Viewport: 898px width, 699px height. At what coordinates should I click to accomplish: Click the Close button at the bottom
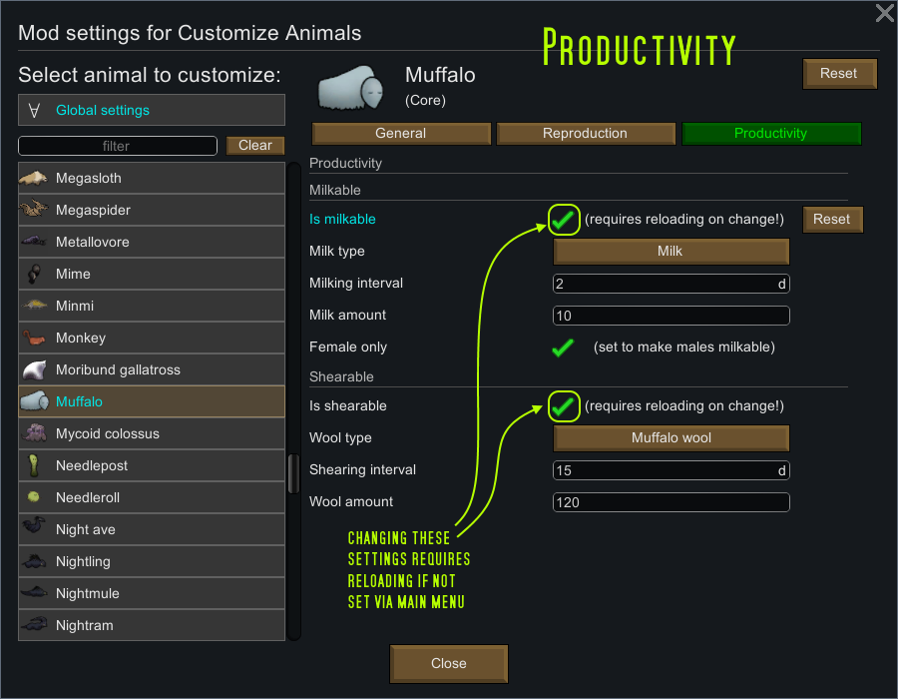(x=448, y=663)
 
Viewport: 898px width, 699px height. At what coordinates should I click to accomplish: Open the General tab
(x=401, y=134)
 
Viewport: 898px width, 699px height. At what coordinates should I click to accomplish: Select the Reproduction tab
(x=586, y=134)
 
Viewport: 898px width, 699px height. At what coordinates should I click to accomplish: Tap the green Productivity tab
(x=771, y=134)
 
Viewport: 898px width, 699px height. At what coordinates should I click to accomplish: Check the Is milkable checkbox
(x=564, y=220)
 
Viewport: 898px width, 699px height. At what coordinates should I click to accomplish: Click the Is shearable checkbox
(x=564, y=406)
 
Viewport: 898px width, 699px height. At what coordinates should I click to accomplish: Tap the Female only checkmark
(x=563, y=348)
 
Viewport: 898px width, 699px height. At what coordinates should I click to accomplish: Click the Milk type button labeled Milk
(x=671, y=252)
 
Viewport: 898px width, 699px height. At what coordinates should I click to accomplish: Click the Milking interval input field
(x=671, y=284)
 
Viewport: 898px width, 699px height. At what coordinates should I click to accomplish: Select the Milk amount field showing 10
(x=671, y=316)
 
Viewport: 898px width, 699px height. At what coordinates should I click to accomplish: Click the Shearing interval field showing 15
(x=671, y=470)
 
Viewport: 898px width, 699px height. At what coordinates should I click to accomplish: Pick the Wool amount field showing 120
(x=671, y=502)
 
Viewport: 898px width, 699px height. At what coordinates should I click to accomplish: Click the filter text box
(x=118, y=146)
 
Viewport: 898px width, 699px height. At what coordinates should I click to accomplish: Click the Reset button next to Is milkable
(x=832, y=220)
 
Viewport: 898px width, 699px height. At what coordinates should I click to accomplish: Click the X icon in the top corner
(x=885, y=13)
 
